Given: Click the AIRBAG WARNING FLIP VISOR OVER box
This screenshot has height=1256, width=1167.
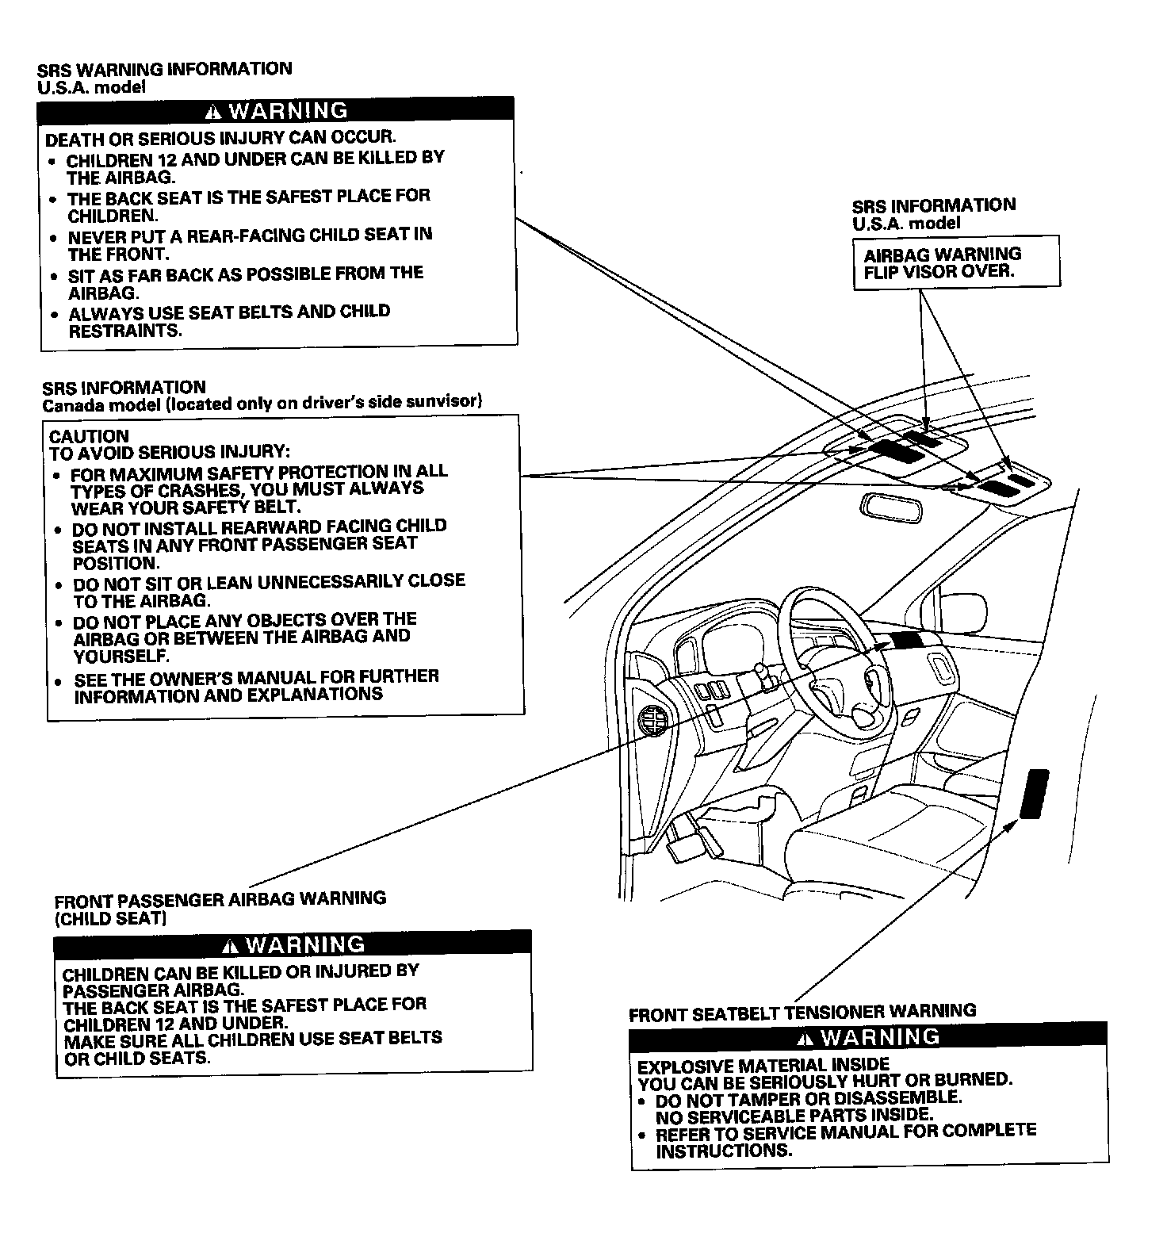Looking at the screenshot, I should coord(956,262).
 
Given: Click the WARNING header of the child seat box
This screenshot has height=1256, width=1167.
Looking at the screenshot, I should coord(293,944).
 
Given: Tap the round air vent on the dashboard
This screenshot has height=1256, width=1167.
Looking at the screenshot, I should coord(653,721).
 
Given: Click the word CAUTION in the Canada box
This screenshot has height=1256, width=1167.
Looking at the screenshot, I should coord(89,436).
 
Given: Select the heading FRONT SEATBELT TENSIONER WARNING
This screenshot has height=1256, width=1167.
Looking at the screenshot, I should coord(802,1013).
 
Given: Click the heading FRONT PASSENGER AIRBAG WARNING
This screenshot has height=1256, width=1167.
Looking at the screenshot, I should coord(220,899).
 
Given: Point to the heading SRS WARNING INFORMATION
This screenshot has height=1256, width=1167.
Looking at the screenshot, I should coord(165,69).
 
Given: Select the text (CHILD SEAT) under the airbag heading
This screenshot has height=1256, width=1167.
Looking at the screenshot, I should coord(110,918).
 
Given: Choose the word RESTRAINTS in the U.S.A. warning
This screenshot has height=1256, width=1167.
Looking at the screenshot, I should coord(124,331).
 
